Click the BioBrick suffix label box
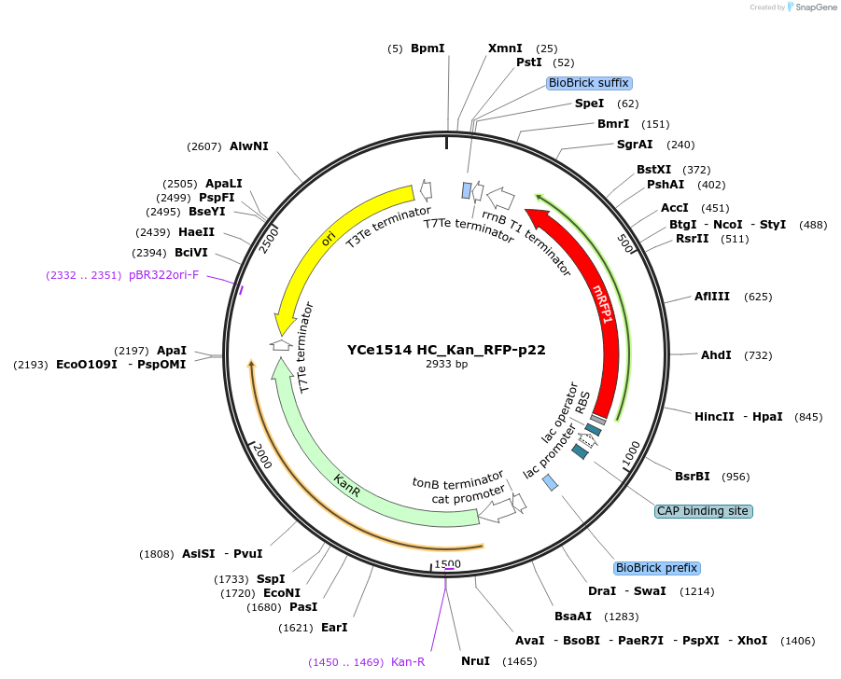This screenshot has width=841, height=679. pos(589,83)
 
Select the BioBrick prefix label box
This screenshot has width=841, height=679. pos(656,568)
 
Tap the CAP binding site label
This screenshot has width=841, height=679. pos(704,511)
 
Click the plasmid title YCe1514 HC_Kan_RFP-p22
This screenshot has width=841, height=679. pos(446,350)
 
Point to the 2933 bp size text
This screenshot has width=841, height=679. pos(446,365)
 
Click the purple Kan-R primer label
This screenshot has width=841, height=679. pos(407,661)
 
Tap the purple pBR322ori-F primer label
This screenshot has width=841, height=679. pos(163,275)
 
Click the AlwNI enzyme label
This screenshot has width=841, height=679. pos(248,145)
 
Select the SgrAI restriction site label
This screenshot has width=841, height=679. pos(635,145)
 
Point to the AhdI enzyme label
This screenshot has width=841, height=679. pos(716,355)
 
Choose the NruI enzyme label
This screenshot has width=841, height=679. pos(475,661)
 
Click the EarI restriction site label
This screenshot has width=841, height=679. pos(333,628)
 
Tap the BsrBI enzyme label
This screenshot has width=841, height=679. pos(692,477)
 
